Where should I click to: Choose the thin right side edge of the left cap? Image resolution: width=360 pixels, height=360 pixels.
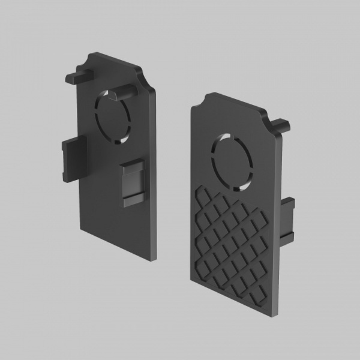pyautogui.click(x=157, y=174)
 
